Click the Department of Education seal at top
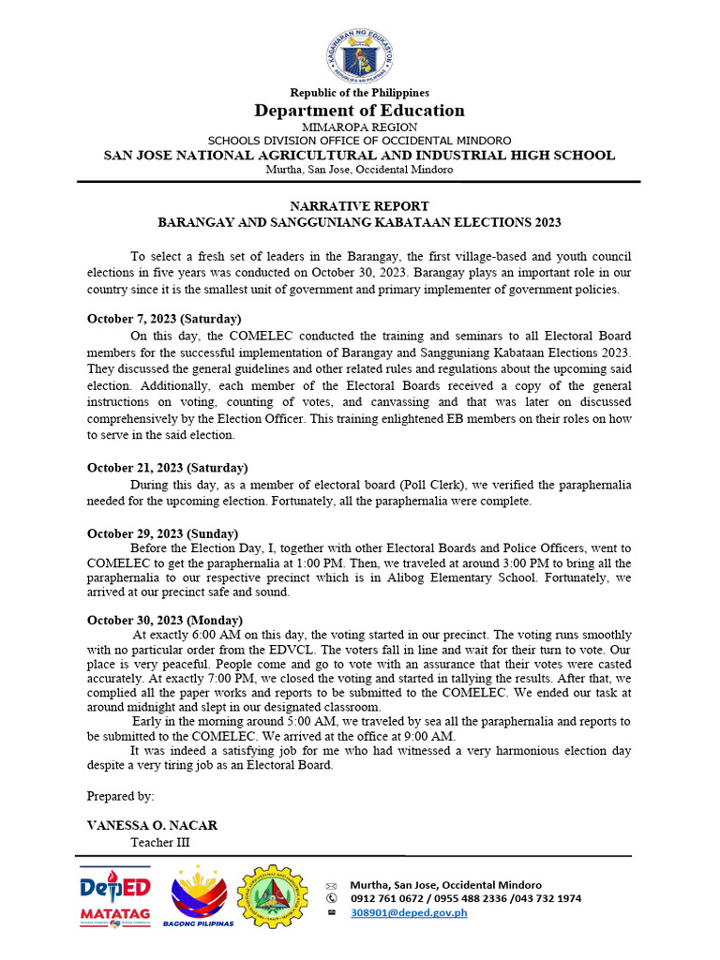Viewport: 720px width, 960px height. (x=359, y=56)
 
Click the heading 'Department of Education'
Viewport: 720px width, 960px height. (x=359, y=111)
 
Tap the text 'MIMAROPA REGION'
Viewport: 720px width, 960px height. (x=359, y=127)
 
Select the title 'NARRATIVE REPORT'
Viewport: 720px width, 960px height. (x=359, y=205)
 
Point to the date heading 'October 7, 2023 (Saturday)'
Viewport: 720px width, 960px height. (x=164, y=319)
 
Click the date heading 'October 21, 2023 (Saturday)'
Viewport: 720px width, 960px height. (x=167, y=468)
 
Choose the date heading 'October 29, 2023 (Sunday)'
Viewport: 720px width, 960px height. (x=162, y=533)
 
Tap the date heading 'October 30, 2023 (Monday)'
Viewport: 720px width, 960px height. (x=165, y=620)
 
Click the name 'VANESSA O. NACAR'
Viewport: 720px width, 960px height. (x=152, y=825)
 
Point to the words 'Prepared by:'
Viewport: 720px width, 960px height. (x=120, y=796)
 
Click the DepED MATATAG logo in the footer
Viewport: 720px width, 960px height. (x=115, y=898)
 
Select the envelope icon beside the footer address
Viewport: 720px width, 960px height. (x=331, y=885)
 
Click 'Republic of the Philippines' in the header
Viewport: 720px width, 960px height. (x=359, y=93)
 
